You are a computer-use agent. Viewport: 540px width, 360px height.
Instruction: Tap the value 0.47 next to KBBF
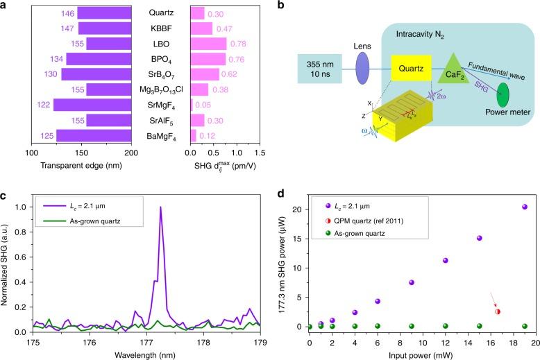pyautogui.click(x=224, y=28)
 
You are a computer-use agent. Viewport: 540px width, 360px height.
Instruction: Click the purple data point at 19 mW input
pyautogui.click(x=524, y=207)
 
